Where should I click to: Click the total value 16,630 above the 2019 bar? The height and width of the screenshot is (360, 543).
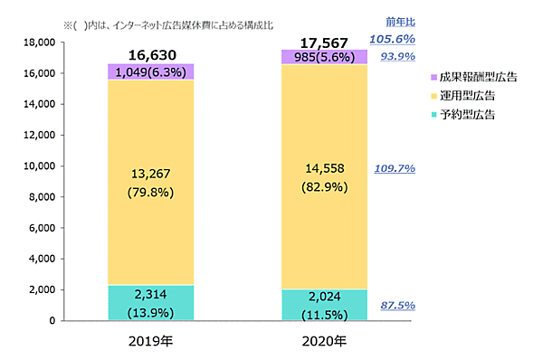tap(151, 55)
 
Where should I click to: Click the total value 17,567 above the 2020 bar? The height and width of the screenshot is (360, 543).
tap(324, 42)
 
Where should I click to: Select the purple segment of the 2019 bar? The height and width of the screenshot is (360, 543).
tap(151, 72)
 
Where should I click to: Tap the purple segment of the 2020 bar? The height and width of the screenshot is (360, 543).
tap(324, 57)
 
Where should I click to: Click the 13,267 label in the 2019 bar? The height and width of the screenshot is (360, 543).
tap(151, 174)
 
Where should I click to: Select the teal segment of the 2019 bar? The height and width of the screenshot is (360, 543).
tap(151, 303)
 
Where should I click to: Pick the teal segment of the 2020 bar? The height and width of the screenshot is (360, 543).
tap(324, 305)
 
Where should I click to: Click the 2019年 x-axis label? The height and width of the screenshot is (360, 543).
tap(151, 342)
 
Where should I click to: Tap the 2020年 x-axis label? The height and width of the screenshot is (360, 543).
tap(324, 342)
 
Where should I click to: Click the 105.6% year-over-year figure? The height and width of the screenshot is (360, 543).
tap(392, 39)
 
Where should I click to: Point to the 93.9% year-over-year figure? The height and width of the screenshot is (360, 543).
tap(397, 56)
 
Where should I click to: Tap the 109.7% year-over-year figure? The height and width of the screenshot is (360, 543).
tap(395, 168)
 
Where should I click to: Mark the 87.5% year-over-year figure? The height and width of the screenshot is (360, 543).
tap(397, 306)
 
